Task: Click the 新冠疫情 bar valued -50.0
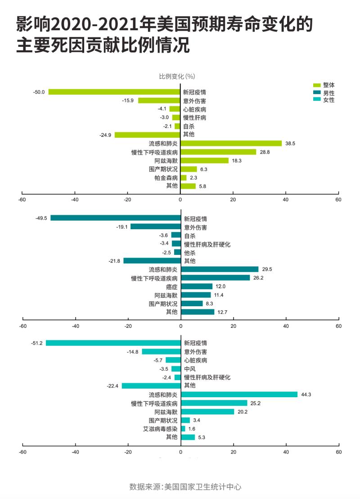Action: click(114, 92)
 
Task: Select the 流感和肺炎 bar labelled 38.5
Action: click(231, 143)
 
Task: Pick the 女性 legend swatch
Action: click(316, 100)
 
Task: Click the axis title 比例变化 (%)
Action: click(177, 76)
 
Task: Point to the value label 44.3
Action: click(306, 395)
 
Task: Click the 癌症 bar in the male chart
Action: click(197, 286)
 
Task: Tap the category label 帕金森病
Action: click(166, 177)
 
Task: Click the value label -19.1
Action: click(122, 227)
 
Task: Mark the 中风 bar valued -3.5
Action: click(176, 369)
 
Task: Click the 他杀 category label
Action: click(190, 253)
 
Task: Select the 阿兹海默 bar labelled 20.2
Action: click(207, 412)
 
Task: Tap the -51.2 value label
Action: click(37, 343)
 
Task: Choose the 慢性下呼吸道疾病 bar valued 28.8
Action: click(218, 152)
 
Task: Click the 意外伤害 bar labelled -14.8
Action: click(161, 352)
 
